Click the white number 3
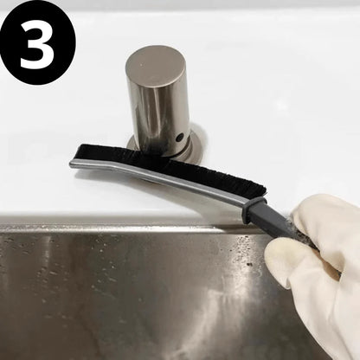37,48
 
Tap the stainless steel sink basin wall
130,294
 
